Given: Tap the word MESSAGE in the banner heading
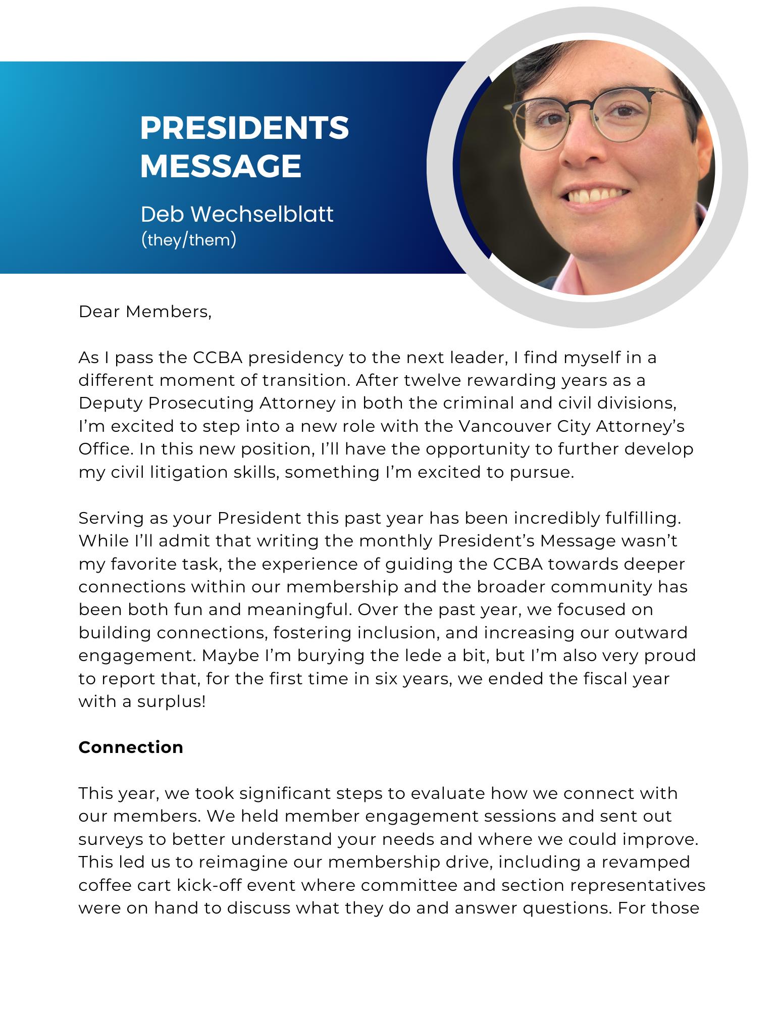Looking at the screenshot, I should click(221, 166).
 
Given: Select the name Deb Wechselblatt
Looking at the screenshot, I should click(237, 214).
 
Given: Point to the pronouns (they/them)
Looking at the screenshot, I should click(188, 240).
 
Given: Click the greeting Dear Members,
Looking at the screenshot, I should click(145, 312).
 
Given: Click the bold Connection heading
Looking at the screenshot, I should click(131, 747).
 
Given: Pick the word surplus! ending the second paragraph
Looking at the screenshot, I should click(171, 701).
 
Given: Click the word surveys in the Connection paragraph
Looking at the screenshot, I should click(111, 839).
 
